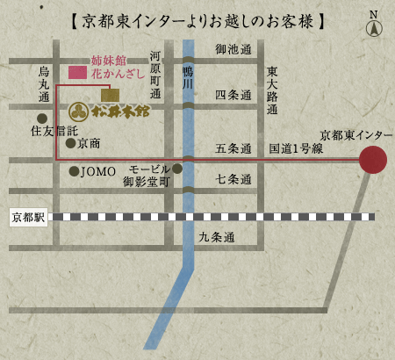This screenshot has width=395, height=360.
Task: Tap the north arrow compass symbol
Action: [374, 25]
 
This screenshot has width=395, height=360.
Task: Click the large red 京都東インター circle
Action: [373, 160]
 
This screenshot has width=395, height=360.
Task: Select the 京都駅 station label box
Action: [28, 217]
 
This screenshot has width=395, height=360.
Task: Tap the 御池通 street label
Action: [233, 49]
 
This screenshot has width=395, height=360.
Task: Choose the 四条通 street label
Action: [233, 94]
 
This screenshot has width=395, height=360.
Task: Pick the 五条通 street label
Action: [233, 148]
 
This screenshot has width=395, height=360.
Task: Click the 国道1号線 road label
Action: [296, 148]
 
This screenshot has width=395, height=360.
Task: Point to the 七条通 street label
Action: [233, 178]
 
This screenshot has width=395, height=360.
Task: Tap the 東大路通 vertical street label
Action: [272, 90]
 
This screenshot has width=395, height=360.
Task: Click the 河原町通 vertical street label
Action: [155, 74]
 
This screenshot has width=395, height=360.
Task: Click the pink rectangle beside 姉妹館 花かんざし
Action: [77, 71]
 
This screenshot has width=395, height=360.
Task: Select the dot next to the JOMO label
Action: [74, 171]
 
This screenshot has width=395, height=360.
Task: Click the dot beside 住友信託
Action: [41, 118]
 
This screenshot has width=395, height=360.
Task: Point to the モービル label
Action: [148, 169]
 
